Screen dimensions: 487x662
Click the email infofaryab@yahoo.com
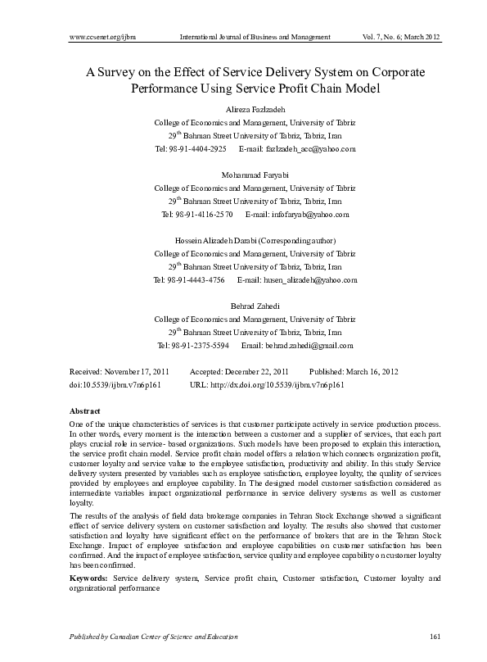[x=308, y=215]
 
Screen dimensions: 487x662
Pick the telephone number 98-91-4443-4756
[x=196, y=280]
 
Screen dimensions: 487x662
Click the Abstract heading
[x=85, y=410]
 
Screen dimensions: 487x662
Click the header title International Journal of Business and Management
[x=255, y=38]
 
